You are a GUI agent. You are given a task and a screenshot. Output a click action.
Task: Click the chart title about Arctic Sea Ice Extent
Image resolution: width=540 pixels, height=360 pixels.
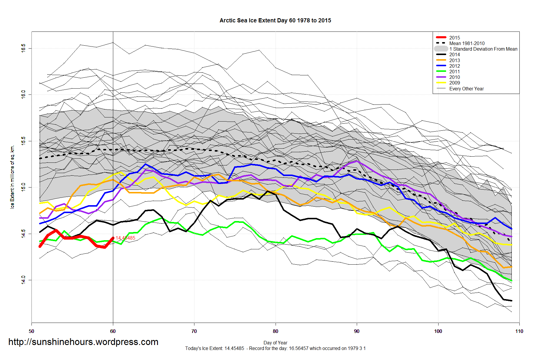point(275,21)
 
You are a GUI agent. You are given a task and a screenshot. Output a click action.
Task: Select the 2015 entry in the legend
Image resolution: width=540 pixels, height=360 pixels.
point(454,38)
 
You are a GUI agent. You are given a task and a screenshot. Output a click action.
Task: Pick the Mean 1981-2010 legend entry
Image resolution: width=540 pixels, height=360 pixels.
point(467,43)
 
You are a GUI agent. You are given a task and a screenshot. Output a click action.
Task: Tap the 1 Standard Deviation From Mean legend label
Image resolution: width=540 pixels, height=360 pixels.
point(483,49)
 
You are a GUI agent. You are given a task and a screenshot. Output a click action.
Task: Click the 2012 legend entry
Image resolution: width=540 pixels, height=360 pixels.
point(454,66)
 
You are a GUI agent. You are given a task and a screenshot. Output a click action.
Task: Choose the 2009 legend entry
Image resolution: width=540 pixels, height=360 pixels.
point(454,83)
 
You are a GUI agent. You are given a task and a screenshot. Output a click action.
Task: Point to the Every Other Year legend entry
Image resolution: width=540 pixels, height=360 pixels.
point(466,89)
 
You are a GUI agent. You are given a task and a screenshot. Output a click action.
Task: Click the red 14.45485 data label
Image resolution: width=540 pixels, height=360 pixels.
point(126,238)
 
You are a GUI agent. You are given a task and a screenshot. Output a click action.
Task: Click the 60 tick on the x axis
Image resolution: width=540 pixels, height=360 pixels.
point(113,331)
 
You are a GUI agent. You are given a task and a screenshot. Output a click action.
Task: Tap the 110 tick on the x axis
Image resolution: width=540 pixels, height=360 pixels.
point(519,331)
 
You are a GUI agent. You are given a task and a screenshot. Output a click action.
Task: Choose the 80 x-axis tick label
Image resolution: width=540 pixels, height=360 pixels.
point(276,331)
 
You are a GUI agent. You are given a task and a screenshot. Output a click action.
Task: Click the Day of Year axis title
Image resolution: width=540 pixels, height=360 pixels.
point(275,343)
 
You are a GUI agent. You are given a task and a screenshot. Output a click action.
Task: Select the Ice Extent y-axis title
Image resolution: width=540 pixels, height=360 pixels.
point(12,177)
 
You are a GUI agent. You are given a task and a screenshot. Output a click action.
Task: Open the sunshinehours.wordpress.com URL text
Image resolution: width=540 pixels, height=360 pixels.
point(83,342)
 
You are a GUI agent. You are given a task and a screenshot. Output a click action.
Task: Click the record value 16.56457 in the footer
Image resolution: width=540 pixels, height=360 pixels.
point(299,349)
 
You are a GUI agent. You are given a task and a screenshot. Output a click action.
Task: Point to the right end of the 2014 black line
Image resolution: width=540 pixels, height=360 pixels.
point(511,301)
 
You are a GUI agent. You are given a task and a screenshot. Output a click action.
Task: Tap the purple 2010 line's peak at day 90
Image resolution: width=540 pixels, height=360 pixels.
point(357,161)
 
